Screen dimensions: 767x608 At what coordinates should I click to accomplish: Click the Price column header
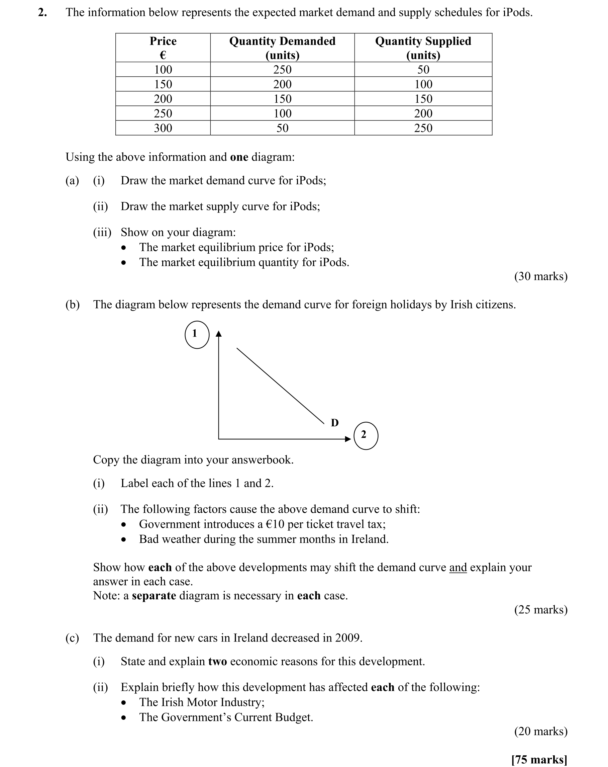[163, 48]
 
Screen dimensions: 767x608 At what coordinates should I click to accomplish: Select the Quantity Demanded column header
[282, 48]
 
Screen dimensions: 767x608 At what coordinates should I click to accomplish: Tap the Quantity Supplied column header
[423, 48]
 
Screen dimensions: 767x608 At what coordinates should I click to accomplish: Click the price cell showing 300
[163, 128]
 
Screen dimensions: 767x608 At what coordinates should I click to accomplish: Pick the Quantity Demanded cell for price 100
[282, 70]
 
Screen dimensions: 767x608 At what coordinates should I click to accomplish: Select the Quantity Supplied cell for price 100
[423, 70]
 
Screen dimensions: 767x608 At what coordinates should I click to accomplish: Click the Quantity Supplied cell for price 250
[423, 113]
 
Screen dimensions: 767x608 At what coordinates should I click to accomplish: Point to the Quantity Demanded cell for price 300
[282, 128]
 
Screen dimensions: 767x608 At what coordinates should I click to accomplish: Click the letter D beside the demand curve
[334, 423]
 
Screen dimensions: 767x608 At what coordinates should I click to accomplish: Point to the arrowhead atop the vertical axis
[219, 334]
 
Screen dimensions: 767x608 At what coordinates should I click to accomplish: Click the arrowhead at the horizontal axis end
[348, 439]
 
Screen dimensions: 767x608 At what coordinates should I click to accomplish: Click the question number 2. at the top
[42, 13]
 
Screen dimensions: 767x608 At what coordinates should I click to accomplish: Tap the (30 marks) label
[540, 276]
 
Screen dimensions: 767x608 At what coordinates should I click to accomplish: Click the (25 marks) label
[540, 610]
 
